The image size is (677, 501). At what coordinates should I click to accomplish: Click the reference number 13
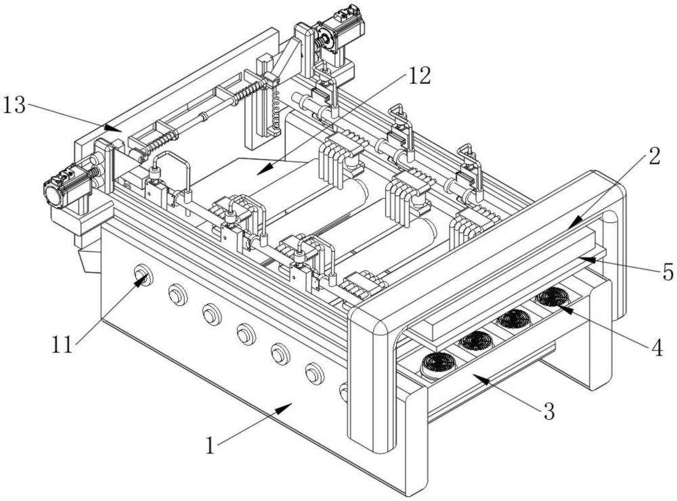(x=14, y=105)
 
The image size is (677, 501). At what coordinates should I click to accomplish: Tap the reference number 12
(x=419, y=77)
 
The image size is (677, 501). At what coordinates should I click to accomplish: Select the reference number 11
(x=62, y=345)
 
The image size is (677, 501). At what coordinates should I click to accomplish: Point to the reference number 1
(x=211, y=445)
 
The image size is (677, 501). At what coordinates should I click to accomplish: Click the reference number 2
(x=654, y=156)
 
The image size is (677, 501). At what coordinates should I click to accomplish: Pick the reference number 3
(x=549, y=411)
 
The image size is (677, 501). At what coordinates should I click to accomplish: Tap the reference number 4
(x=657, y=347)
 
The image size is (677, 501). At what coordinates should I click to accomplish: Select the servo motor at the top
(x=341, y=31)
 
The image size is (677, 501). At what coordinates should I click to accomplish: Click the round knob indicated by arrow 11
(x=144, y=275)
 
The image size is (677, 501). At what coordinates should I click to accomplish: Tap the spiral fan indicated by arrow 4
(x=554, y=298)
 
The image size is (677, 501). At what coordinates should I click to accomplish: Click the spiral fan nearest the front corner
(x=439, y=364)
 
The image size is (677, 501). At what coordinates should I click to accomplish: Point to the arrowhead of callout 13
(x=114, y=128)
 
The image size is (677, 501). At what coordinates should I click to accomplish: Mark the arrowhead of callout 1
(x=284, y=408)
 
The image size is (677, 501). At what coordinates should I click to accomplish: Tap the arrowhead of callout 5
(x=588, y=259)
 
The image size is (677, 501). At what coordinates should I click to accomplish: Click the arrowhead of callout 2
(x=574, y=224)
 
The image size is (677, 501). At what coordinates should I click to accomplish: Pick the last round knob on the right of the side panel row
(x=344, y=392)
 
